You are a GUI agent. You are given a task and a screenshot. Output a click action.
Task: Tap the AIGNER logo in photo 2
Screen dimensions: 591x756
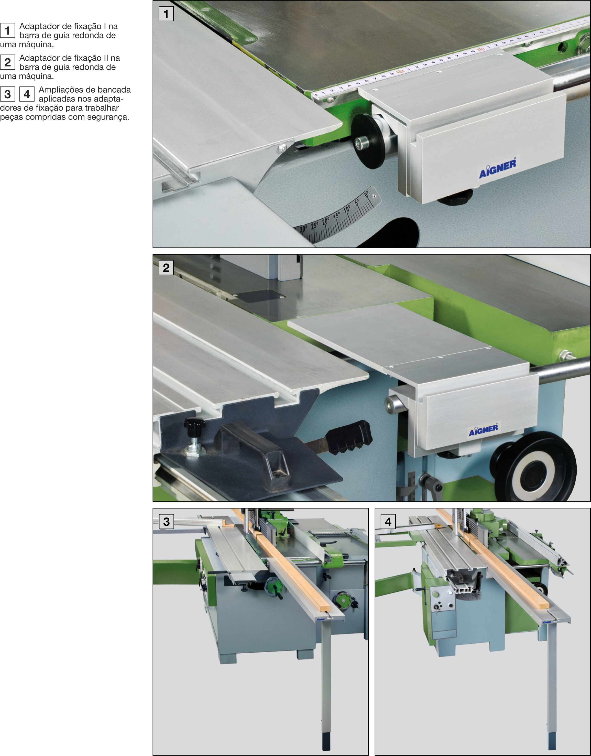click(483, 430)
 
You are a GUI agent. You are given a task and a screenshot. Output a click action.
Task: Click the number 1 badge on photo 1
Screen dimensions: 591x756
click(166, 14)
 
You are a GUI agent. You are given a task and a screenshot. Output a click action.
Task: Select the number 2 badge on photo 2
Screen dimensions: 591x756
click(166, 268)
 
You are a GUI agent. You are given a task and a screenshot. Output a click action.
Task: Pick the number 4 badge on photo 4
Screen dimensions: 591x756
click(388, 521)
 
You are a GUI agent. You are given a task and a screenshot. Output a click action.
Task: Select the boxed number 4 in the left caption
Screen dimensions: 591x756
click(27, 94)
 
